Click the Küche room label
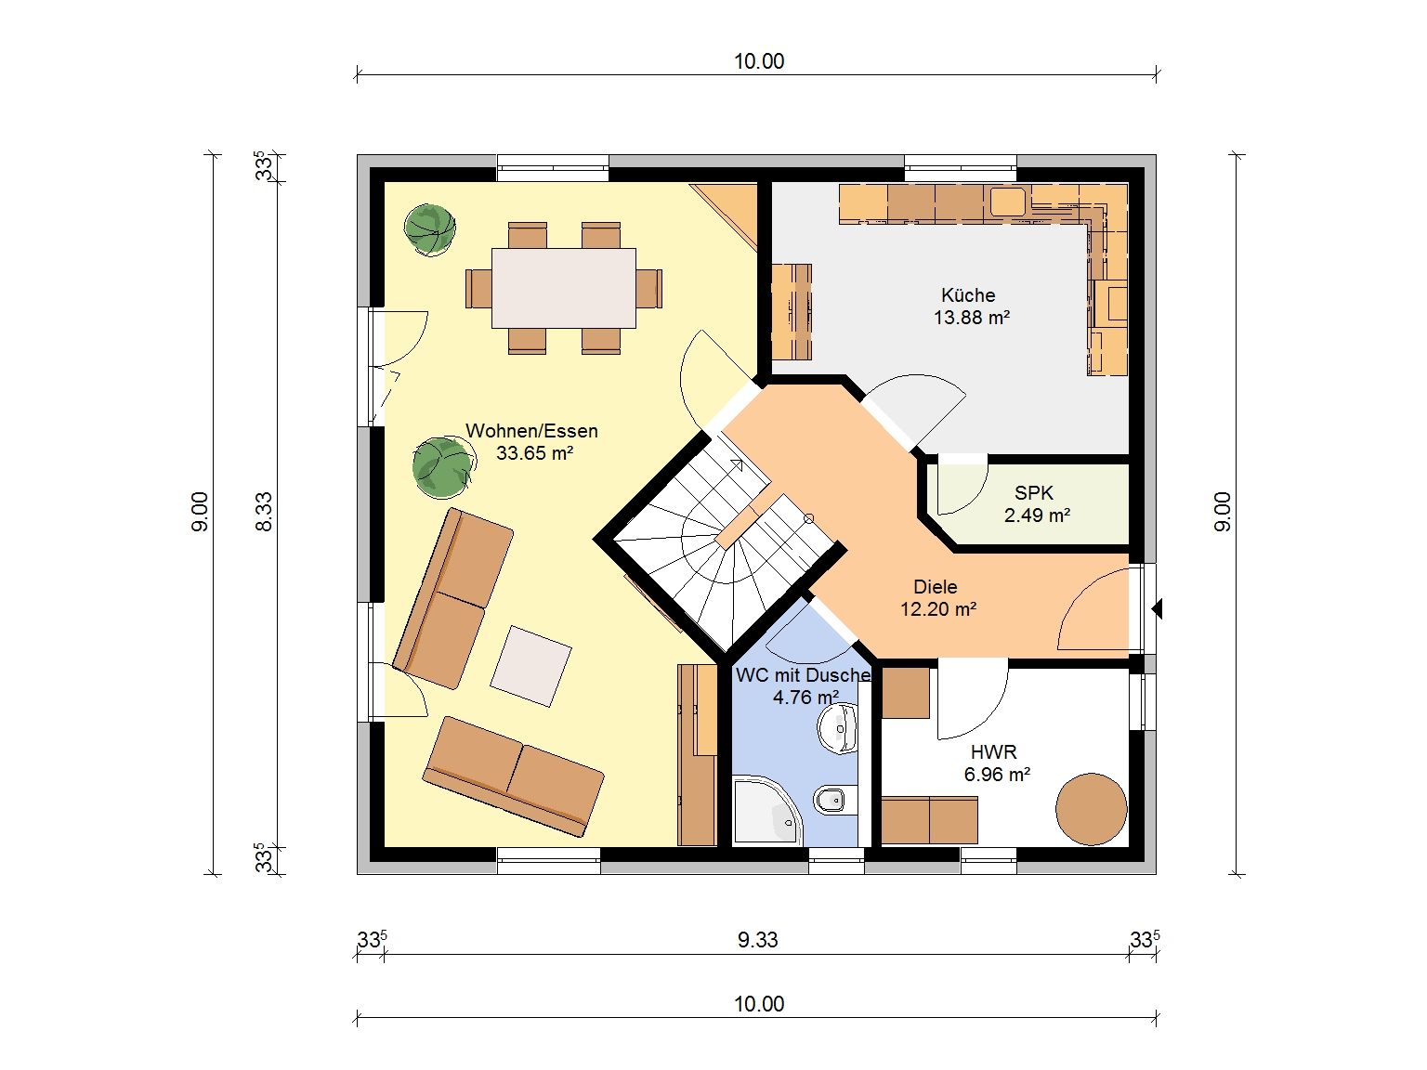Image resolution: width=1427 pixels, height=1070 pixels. (967, 295)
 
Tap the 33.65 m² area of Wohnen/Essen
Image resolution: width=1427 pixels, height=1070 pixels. (534, 453)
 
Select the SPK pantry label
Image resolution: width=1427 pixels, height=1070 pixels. (1034, 493)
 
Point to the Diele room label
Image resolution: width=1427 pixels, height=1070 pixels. (935, 587)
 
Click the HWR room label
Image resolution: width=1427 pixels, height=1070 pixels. (993, 752)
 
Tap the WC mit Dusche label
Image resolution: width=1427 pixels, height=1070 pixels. (803, 675)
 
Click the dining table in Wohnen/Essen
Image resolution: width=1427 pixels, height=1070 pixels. (564, 288)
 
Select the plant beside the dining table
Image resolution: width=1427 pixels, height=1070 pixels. (429, 229)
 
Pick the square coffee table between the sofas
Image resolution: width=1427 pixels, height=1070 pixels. (530, 666)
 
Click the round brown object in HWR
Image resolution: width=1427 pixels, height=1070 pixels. (1091, 810)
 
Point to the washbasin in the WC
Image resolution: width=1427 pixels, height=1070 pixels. (839, 729)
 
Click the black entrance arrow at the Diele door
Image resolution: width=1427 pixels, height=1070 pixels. (1158, 608)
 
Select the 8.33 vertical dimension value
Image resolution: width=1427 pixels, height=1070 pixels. (263, 513)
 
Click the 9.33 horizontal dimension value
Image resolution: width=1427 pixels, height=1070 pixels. (757, 940)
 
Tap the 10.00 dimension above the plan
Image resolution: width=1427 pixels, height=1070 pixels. (759, 61)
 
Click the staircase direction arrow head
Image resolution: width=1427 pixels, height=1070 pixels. (738, 463)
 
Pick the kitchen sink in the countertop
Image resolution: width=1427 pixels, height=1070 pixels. (1008, 202)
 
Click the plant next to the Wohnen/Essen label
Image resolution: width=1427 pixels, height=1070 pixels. (442, 467)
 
